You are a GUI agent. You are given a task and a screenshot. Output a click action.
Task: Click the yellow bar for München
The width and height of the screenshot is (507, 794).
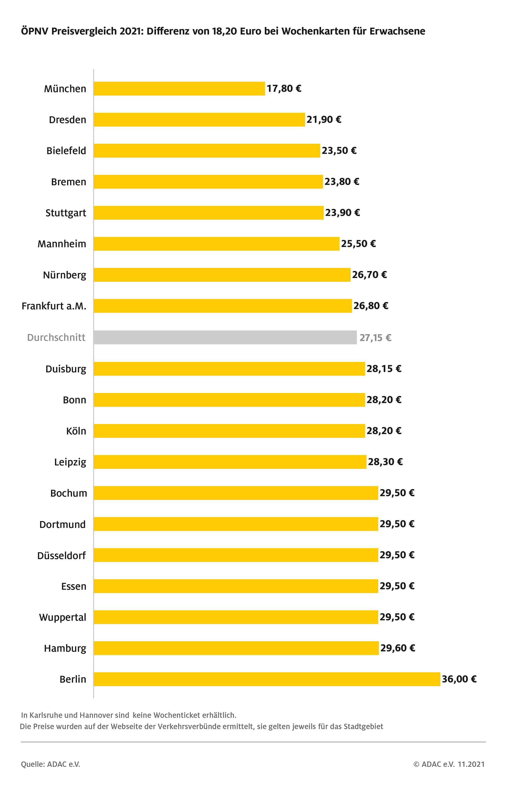pyautogui.click(x=179, y=88)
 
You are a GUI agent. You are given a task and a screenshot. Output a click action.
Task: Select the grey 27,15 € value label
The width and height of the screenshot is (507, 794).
pyautogui.click(x=375, y=338)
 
